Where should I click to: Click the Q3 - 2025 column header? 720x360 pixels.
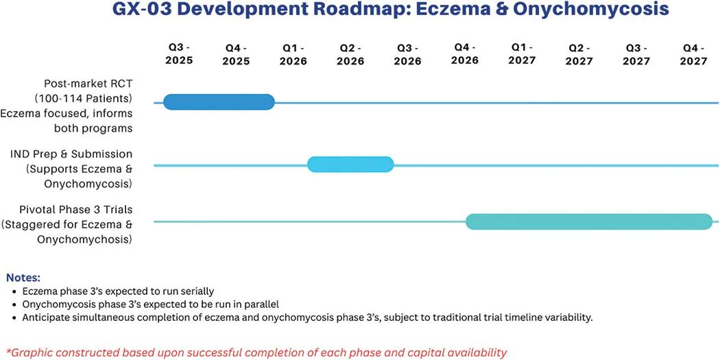(180, 54)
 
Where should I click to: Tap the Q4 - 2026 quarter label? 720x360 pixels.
(465, 53)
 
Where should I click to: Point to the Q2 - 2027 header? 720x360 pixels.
(579, 55)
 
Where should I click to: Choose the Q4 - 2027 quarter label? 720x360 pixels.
(693, 55)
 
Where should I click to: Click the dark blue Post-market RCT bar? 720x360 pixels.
(219, 102)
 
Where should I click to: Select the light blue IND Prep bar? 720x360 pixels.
(350, 165)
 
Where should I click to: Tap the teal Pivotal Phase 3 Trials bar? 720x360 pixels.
(589, 221)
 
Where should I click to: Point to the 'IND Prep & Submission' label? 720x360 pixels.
(71, 154)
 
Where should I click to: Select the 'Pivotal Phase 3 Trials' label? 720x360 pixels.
(75, 210)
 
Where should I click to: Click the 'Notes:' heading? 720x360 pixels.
(23, 278)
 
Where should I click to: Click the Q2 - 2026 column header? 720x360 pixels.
(351, 55)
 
